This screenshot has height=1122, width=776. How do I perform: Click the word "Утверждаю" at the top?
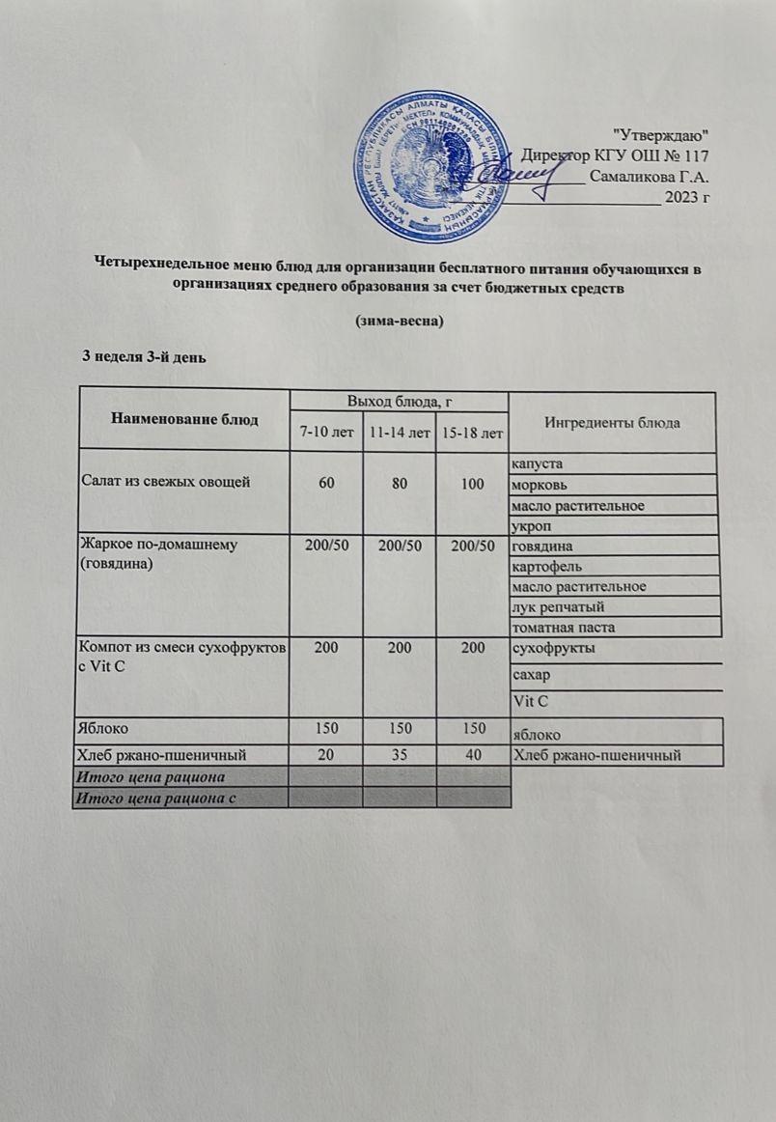[x=662, y=132]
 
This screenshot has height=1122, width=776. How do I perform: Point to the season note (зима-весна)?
[x=399, y=321]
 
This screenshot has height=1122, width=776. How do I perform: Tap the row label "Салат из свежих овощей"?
[x=164, y=482]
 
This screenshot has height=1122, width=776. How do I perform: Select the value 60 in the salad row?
[x=325, y=482]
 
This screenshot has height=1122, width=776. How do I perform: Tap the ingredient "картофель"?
[x=546, y=566]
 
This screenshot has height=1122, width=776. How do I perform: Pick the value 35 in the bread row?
[x=400, y=754]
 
